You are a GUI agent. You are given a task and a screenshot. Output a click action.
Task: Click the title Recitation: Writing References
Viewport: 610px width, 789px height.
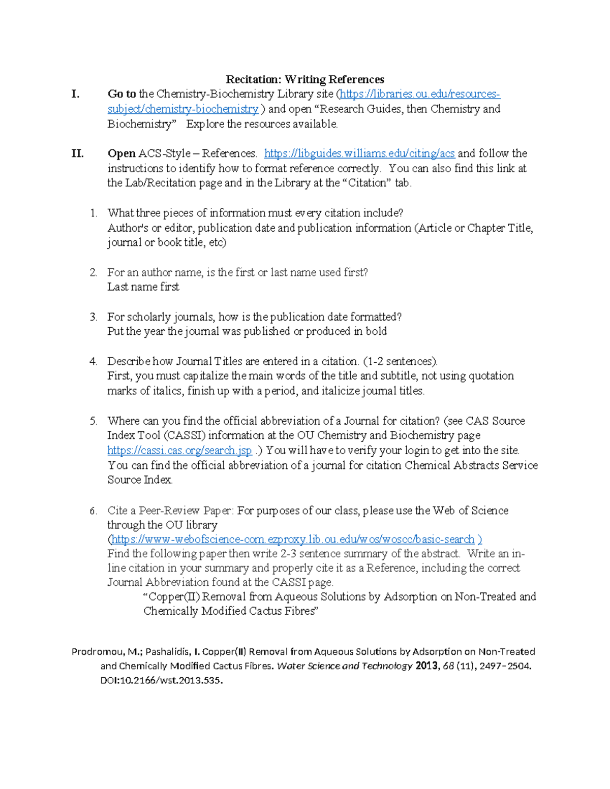(304, 79)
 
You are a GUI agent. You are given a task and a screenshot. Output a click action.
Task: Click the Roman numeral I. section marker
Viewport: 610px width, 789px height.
(75, 94)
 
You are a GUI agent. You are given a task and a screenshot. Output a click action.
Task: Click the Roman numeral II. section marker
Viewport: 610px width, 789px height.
(77, 153)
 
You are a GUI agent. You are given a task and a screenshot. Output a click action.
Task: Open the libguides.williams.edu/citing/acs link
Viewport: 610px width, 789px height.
(359, 153)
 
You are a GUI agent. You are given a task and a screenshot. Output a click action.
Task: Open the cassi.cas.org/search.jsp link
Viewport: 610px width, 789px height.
(179, 451)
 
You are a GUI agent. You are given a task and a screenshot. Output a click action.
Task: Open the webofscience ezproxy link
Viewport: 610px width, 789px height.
(292, 540)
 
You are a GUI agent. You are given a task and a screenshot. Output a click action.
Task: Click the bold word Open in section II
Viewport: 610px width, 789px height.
(121, 153)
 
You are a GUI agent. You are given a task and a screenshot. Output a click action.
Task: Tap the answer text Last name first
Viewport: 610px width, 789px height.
(143, 287)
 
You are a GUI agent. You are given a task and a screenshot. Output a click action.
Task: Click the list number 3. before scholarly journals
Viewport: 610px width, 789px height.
(93, 317)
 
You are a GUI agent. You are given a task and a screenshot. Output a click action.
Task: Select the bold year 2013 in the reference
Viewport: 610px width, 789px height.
(426, 666)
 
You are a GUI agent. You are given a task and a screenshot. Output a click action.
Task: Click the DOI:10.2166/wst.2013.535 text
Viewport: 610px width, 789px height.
(162, 681)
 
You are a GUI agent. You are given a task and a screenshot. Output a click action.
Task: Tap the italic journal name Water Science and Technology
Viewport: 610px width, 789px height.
(344, 666)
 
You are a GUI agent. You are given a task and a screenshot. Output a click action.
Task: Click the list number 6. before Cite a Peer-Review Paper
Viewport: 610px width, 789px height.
(93, 511)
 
